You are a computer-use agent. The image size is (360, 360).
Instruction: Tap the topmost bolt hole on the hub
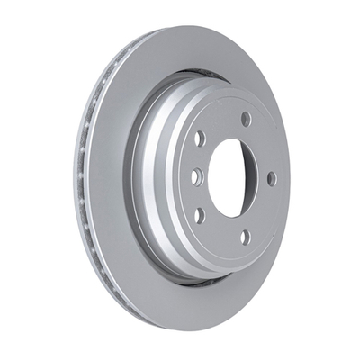point(246,119)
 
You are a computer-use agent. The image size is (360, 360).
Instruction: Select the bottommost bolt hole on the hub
point(244,238)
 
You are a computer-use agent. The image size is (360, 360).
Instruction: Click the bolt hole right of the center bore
point(272,178)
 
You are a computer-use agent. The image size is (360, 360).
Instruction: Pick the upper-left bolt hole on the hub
point(200,139)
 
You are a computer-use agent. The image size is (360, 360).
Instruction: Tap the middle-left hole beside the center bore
point(195,177)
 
